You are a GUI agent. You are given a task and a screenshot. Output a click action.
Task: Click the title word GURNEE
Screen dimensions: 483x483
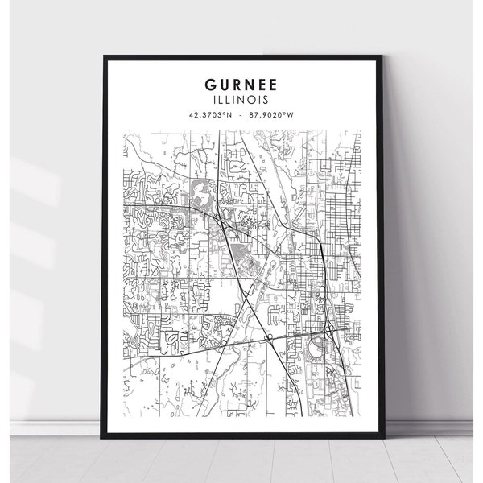click(x=242, y=84)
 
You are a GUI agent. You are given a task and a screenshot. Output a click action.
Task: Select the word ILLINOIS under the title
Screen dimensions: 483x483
click(x=242, y=101)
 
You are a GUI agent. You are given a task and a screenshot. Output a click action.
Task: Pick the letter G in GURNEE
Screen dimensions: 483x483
click(x=210, y=84)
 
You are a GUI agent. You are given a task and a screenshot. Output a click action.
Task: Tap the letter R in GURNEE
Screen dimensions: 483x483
click(x=237, y=84)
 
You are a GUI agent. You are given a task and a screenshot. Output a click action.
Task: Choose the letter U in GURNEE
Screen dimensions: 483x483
click(x=223, y=84)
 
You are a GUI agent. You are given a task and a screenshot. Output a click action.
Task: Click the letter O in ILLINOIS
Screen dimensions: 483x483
click(x=254, y=101)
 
